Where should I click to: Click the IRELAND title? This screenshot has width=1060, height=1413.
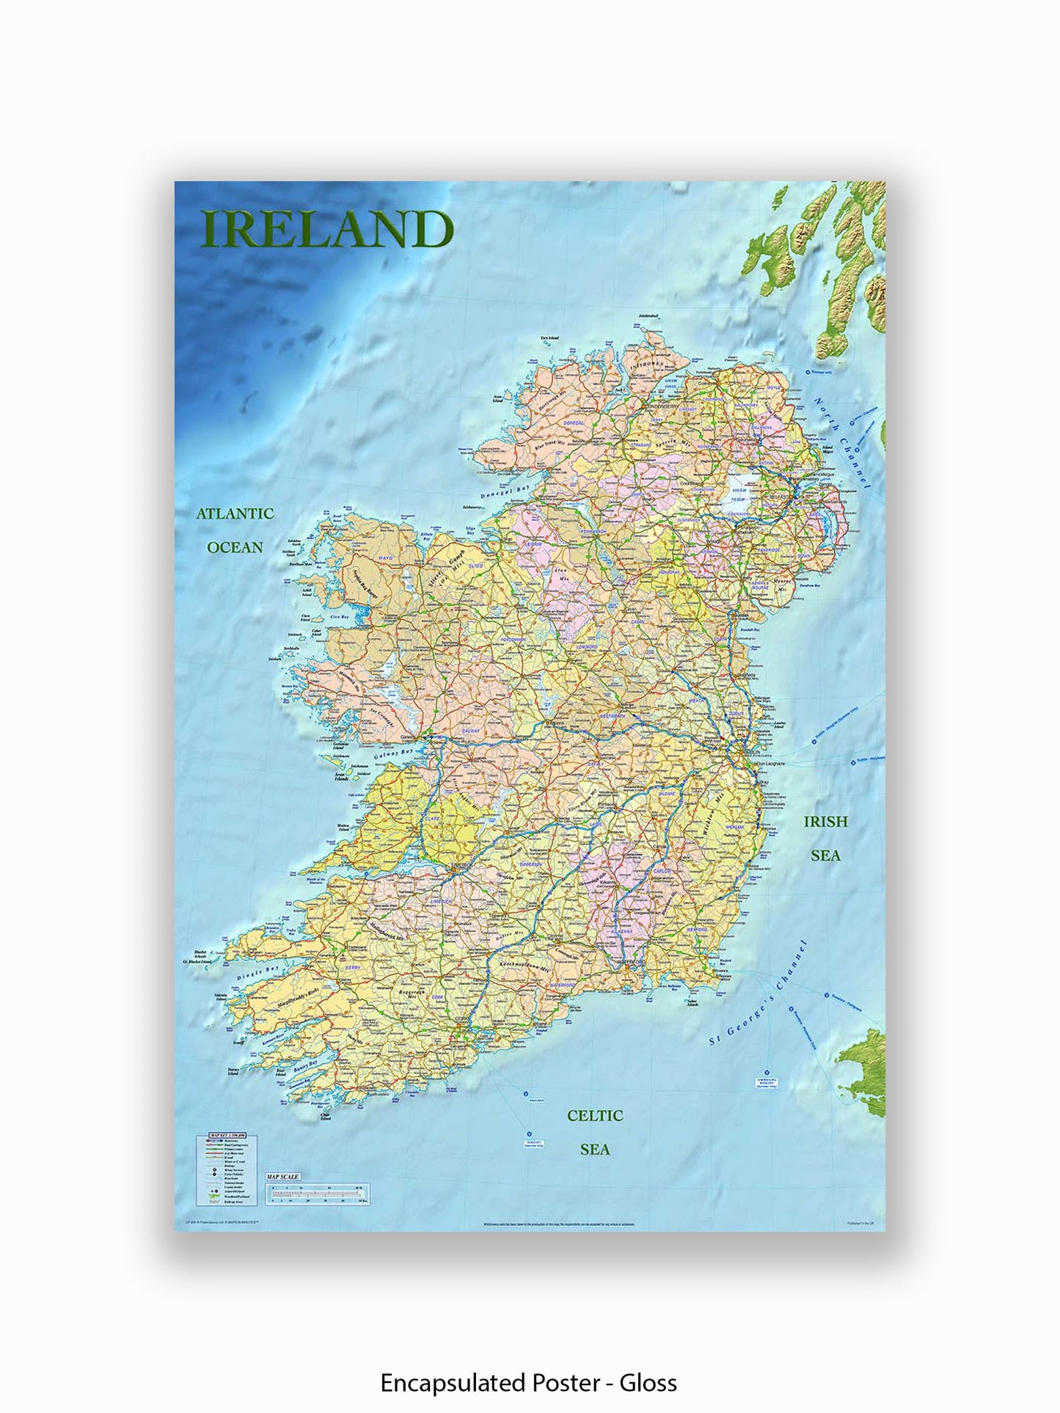[327, 229]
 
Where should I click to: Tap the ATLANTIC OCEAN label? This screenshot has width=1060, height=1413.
[235, 530]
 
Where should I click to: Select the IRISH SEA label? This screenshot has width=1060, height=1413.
[825, 838]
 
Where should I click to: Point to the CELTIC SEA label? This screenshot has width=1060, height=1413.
[595, 1131]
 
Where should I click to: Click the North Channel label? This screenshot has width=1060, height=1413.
[842, 443]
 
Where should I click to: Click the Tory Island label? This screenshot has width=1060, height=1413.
[549, 338]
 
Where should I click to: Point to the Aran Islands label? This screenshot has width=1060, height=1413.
[340, 777]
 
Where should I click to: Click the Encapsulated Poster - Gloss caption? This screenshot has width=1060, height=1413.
[528, 1383]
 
